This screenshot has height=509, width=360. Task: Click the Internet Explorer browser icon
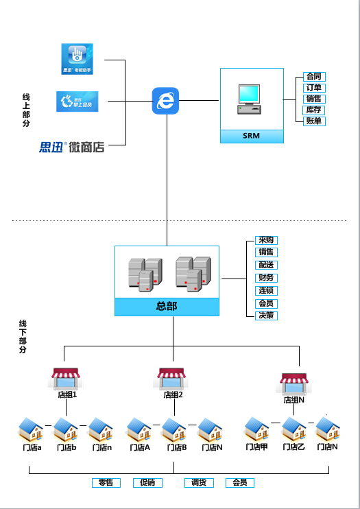click(x=165, y=101)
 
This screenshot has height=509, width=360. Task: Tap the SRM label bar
click(x=252, y=136)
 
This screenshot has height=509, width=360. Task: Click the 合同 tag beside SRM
click(x=314, y=76)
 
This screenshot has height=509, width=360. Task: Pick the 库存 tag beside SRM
click(x=314, y=110)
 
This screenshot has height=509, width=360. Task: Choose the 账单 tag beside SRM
click(x=314, y=121)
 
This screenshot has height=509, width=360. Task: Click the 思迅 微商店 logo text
click(x=72, y=146)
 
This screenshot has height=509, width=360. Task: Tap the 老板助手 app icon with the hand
click(x=77, y=59)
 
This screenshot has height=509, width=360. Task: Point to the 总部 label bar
click(x=167, y=307)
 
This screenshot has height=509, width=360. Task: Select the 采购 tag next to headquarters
click(x=266, y=240)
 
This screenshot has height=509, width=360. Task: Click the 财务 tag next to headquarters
click(x=266, y=278)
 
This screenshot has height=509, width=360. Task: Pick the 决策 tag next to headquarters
click(x=266, y=316)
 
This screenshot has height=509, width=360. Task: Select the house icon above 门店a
click(x=31, y=430)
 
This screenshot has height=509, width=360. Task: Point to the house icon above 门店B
click(x=173, y=430)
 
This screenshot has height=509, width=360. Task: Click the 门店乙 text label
click(x=293, y=447)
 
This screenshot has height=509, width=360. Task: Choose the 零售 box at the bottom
click(x=106, y=483)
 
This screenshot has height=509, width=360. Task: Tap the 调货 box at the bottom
click(x=199, y=483)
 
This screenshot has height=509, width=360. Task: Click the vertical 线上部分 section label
click(x=26, y=110)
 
